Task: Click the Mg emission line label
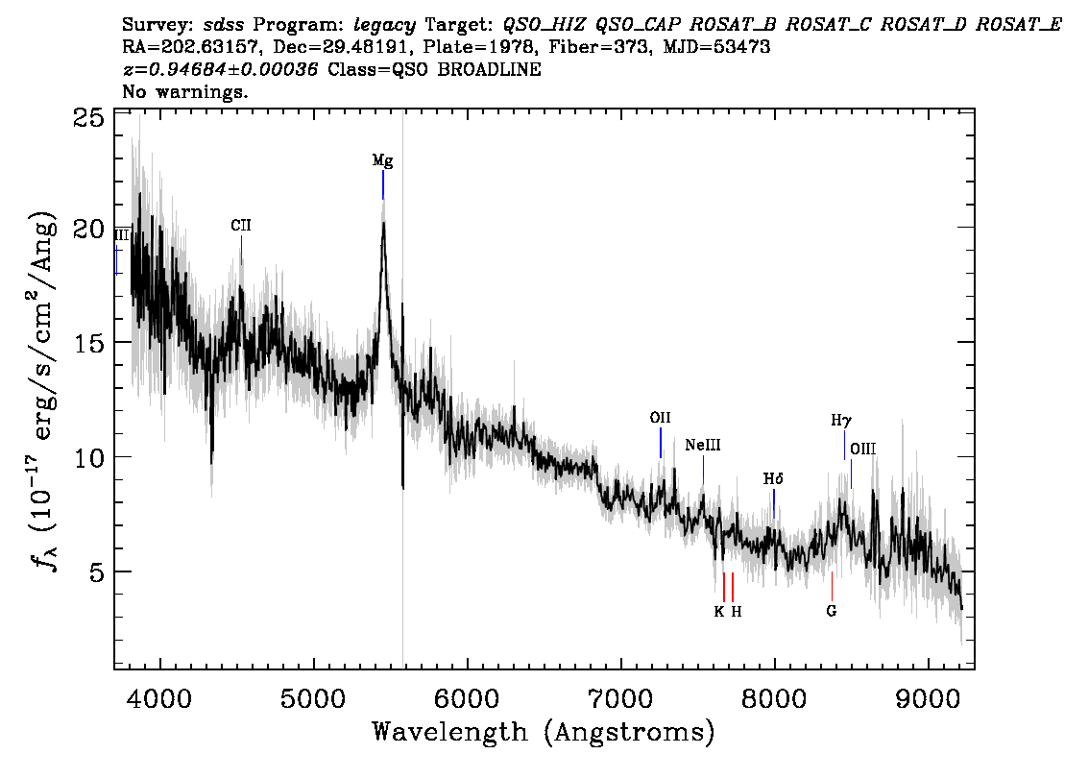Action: pyautogui.click(x=382, y=161)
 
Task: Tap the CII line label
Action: pyautogui.click(x=241, y=225)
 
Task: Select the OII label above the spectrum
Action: pyautogui.click(x=660, y=418)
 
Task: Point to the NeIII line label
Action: pyautogui.click(x=703, y=445)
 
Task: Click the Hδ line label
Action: pyautogui.click(x=773, y=478)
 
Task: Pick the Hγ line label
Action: pyautogui.click(x=841, y=421)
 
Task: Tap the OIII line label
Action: pyautogui.click(x=862, y=449)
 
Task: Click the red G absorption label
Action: pyautogui.click(x=832, y=611)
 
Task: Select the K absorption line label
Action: pyautogui.click(x=719, y=611)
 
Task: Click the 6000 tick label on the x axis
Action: pyautogui.click(x=468, y=698)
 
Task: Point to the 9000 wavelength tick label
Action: pyautogui.click(x=928, y=698)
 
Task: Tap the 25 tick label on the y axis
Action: pyautogui.click(x=88, y=119)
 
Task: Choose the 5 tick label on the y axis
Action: pyautogui.click(x=97, y=572)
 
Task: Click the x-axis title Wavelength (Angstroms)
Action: pyautogui.click(x=544, y=733)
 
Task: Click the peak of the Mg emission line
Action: pyautogui.click(x=382, y=222)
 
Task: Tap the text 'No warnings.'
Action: pyautogui.click(x=184, y=91)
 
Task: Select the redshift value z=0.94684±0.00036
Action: pyautogui.click(x=220, y=69)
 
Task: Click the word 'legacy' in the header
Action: pyautogui.click(x=385, y=26)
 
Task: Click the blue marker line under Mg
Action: pyautogui.click(x=382, y=184)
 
